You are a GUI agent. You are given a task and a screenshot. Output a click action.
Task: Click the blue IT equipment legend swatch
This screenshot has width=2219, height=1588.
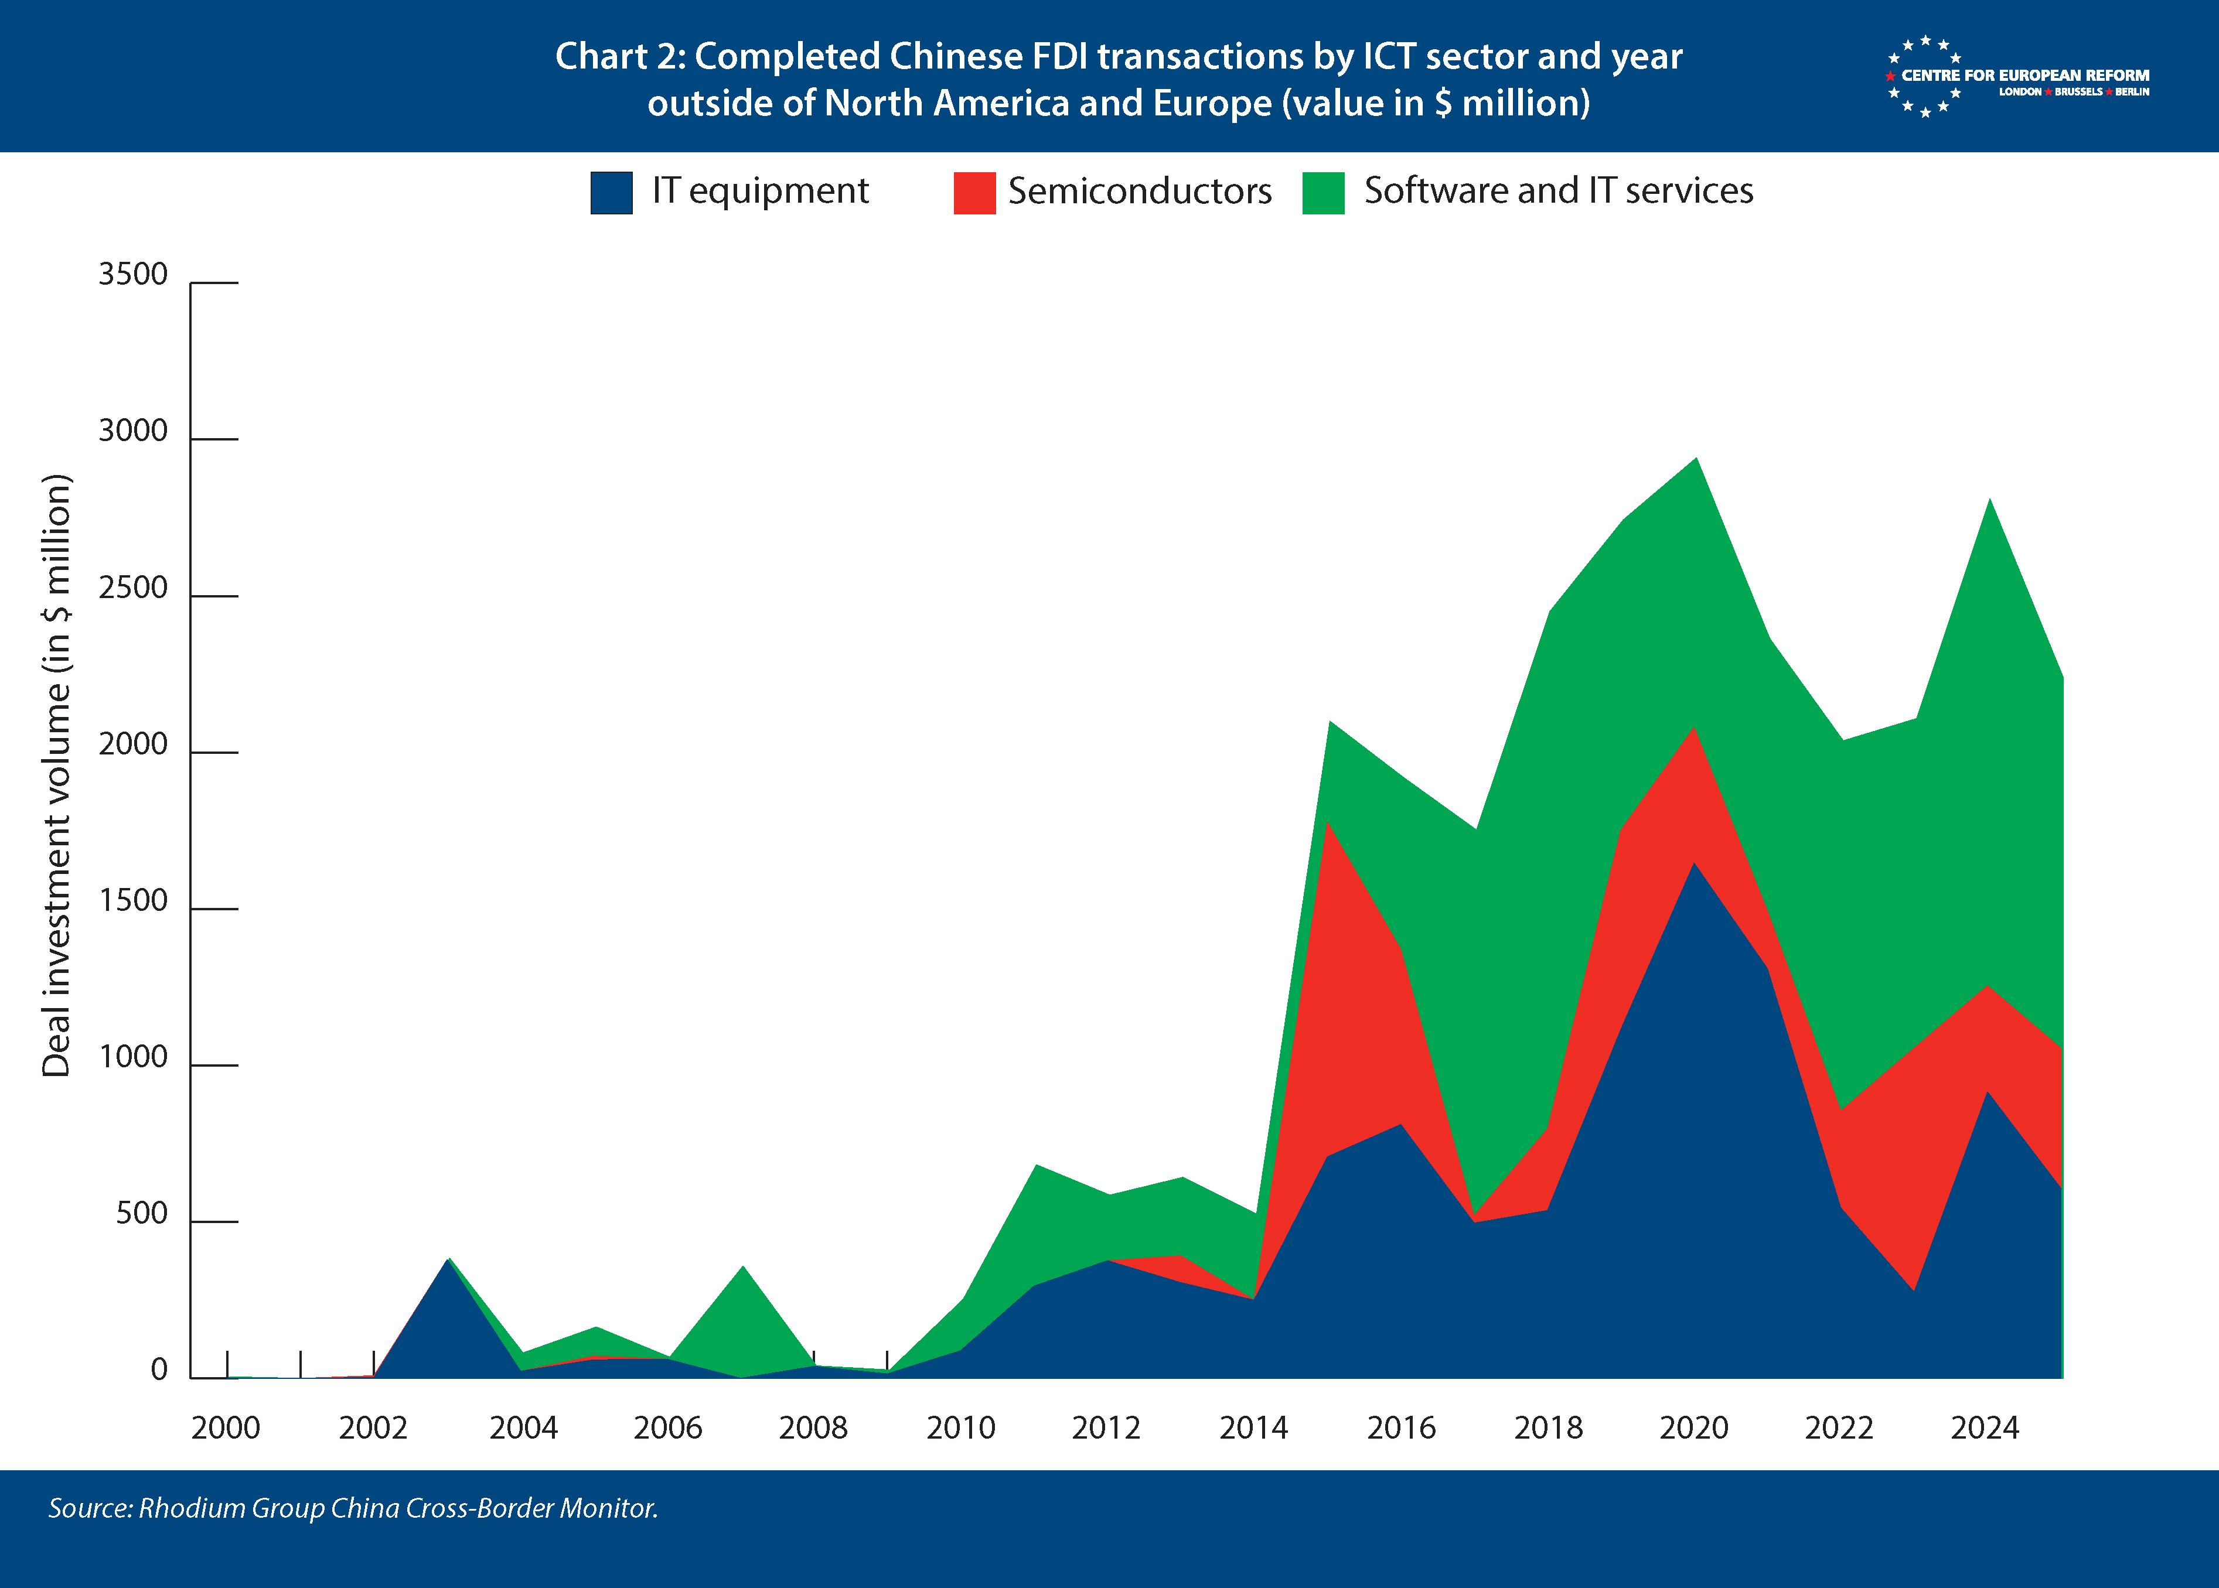coord(611,193)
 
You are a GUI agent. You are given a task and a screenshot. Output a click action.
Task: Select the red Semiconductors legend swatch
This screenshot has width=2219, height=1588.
coord(974,193)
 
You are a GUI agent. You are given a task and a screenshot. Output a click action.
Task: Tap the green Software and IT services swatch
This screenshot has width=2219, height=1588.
coord(1323,193)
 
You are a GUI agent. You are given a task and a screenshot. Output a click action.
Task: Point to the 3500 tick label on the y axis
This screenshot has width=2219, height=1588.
coord(133,275)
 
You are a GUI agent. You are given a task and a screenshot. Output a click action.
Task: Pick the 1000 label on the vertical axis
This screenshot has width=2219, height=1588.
coord(133,1057)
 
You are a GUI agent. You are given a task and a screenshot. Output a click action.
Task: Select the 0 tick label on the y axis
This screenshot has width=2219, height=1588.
coord(158,1370)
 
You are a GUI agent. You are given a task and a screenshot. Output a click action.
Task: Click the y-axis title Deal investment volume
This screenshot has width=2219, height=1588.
coord(57,776)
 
